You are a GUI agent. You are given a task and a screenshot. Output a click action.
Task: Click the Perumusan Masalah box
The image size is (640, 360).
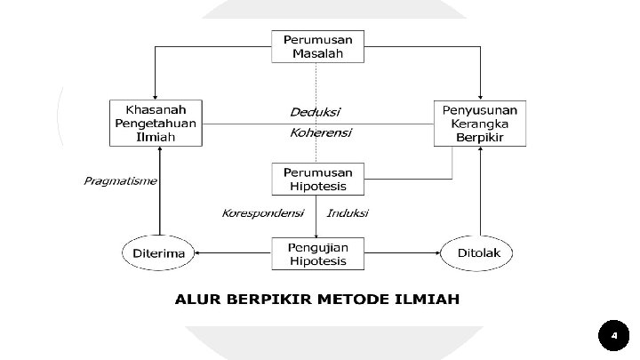pos(317,46)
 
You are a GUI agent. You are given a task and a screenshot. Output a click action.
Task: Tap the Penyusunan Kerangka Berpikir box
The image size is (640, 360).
pos(480,122)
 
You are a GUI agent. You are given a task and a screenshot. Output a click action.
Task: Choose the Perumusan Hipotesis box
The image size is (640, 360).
pos(317,179)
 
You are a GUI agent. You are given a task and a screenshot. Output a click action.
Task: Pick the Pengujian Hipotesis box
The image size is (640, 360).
pos(317,253)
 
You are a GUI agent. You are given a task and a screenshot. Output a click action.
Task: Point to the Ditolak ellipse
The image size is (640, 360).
pos(477,253)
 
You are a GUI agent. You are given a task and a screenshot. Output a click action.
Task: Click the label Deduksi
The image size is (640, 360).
pos(315,112)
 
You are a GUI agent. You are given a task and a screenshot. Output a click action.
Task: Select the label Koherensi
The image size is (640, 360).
pos(321,133)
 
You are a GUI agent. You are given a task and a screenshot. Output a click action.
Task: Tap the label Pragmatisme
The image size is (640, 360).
pos(120,181)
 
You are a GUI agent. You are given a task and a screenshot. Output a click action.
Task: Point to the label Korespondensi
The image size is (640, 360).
pos(262,213)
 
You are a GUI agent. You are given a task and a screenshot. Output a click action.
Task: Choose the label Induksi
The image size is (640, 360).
pos(348,213)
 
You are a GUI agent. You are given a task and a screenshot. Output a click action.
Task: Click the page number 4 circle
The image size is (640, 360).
pos(613,336)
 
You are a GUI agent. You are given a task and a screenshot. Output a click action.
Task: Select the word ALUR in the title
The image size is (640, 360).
pos(197,299)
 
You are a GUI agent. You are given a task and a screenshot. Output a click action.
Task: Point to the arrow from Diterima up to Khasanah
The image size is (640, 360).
pos(159,191)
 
